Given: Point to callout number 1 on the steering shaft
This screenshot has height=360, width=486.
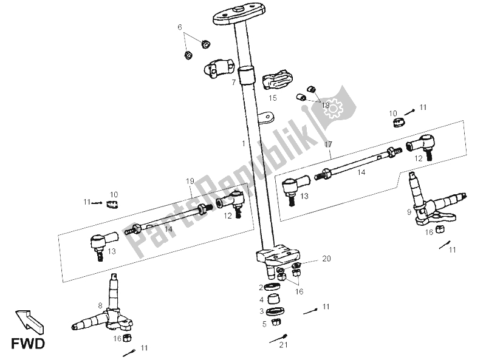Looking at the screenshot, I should coord(243,144).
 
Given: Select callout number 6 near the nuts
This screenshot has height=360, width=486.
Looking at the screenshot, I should coord(180,27).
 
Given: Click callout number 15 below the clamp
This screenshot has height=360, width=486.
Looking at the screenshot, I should coord(273,97).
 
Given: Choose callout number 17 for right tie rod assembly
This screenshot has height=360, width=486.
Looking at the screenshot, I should coord(328,144).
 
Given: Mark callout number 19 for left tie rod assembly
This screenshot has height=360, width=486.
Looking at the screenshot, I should coord(189,181).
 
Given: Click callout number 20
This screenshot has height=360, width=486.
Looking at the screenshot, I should coord(327,259).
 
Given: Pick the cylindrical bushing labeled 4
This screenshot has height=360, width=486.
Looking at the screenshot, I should coord(274,299).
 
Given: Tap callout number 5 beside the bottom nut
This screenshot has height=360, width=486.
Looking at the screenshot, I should coord(264,324).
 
